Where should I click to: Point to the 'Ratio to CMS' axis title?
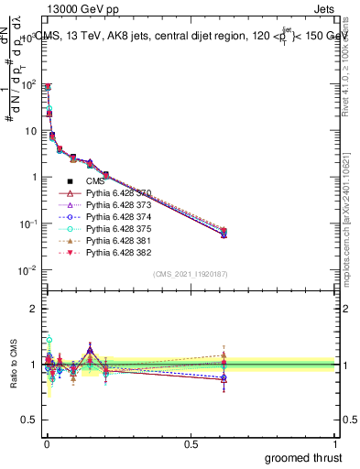(x=13, y=365)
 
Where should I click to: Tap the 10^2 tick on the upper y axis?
(x=29, y=84)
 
